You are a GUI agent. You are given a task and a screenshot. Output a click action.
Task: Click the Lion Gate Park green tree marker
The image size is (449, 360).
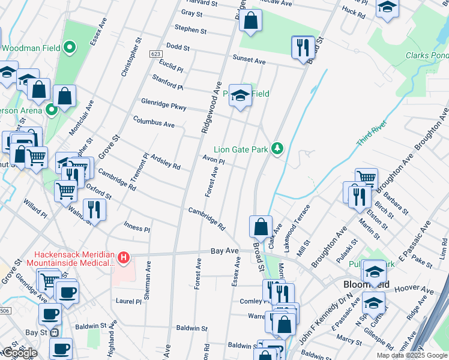tap(277, 148)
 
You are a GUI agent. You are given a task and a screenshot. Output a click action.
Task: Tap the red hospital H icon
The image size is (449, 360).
tap(124, 258)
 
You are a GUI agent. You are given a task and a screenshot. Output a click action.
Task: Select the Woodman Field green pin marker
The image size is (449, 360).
tap(70, 47)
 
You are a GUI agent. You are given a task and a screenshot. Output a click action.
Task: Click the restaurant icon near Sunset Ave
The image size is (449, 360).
tap(302, 47)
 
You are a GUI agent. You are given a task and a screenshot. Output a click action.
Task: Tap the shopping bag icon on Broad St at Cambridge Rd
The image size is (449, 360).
tap(261, 227)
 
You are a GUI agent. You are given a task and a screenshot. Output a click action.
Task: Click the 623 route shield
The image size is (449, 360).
tap(155, 54)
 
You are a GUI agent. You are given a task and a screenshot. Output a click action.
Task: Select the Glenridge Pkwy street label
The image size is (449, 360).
tap(163, 104)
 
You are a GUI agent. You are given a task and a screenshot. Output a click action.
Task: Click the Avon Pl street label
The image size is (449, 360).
tap(213, 161)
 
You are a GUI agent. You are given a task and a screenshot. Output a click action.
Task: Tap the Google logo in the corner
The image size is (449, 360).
tap(19, 353)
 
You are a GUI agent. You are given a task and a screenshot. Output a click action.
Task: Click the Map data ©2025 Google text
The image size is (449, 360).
tap(411, 355)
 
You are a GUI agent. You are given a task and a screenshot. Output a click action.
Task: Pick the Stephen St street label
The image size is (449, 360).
tap(190, 29)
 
